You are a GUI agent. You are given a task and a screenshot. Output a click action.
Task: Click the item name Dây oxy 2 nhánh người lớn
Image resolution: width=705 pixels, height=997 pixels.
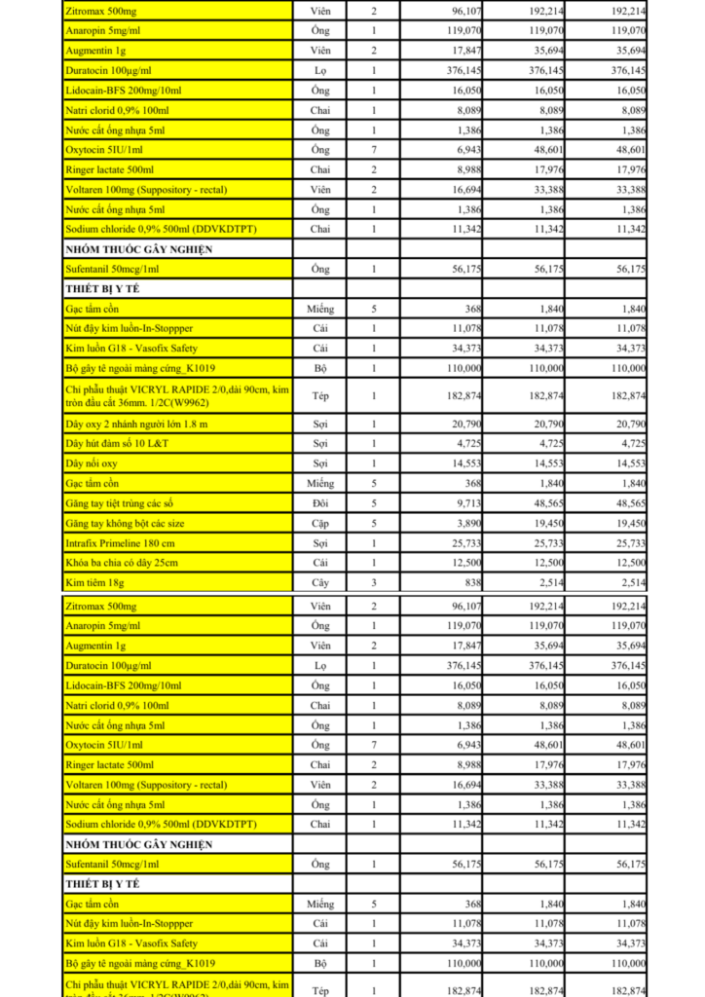(136, 425)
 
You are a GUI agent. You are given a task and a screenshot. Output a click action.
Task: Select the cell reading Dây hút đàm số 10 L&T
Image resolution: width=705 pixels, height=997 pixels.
(117, 444)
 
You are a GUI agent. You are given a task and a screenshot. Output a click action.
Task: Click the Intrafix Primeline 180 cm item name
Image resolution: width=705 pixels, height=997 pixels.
(121, 542)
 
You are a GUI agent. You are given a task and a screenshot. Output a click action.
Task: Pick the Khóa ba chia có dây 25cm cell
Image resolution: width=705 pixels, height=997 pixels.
(122, 563)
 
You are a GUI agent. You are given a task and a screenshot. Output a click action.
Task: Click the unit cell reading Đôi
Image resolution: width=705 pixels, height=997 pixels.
(319, 503)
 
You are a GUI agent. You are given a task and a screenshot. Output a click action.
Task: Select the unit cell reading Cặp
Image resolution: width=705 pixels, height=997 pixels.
(319, 523)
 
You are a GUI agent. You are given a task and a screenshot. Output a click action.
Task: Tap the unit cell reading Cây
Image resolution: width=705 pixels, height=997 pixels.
(319, 582)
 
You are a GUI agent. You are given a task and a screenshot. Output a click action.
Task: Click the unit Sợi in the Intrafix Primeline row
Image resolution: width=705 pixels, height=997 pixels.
(319, 542)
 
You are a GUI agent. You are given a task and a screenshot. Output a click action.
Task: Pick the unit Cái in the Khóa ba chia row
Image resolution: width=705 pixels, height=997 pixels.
(319, 563)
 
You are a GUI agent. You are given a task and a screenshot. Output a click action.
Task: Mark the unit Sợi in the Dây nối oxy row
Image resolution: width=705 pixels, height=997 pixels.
(319, 463)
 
